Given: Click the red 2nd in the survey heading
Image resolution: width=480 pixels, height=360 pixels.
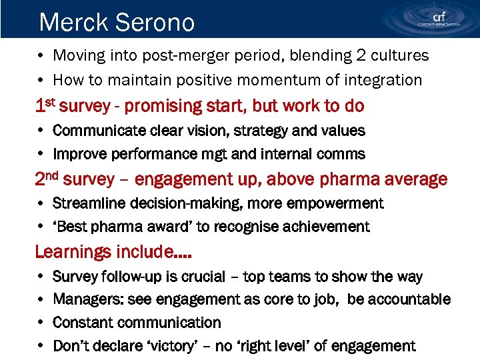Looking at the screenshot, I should [49, 179].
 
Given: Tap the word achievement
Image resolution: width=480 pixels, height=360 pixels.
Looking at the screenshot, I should [323, 227].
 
